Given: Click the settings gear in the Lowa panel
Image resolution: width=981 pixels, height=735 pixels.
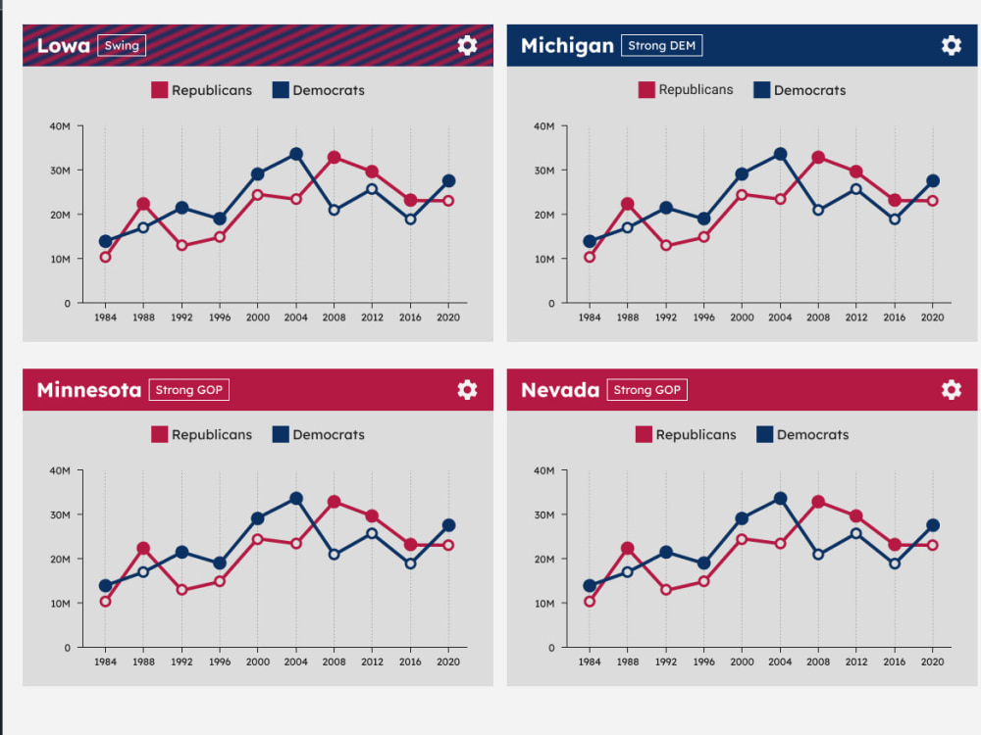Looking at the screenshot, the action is point(467,45).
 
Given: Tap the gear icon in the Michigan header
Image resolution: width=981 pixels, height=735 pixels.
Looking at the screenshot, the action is point(951,45).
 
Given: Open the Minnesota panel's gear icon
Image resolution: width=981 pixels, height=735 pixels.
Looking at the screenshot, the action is point(467,389).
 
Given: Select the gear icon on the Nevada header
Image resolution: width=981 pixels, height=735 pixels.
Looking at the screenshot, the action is point(951,389).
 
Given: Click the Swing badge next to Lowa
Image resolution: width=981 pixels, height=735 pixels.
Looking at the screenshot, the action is point(122,45).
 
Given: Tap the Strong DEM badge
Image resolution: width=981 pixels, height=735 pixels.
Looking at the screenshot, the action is point(661,45).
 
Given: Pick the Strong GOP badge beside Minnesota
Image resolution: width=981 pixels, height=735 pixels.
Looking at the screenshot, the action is point(189,389).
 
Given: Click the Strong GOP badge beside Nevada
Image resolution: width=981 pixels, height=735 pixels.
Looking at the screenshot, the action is point(646,389).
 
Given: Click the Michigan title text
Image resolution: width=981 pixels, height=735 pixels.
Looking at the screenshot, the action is point(567,46).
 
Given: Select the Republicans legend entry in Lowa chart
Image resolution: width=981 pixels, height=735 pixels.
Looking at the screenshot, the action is point(201,90).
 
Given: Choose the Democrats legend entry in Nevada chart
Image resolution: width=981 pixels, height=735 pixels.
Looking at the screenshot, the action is point(802,434).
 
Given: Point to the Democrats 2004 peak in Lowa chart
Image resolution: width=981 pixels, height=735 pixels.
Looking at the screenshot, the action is point(296,154).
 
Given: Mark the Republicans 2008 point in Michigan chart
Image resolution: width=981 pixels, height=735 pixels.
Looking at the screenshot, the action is point(818,158).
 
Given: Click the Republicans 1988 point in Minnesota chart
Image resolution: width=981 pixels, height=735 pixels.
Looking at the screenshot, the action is point(143,548).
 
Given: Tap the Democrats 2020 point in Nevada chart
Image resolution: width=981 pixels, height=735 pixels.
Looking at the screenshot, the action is point(932,525).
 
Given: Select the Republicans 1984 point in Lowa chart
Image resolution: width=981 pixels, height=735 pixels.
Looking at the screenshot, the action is point(105,257).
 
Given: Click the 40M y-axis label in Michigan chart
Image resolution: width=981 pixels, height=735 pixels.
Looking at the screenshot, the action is point(543,126).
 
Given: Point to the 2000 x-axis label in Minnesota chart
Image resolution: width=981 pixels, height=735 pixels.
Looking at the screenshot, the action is point(258,661).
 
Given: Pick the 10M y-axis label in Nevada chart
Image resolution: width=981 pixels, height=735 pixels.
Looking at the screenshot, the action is point(544,603).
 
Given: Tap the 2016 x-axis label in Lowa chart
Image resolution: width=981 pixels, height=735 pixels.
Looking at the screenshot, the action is point(410,317).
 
